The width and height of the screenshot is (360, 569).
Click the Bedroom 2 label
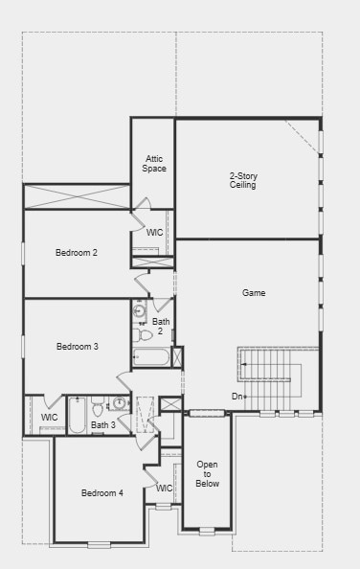[77, 253]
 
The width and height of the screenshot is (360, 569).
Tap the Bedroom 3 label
[77, 346]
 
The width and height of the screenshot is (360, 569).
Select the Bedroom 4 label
[101, 493]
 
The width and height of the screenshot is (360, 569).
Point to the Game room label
[254, 293]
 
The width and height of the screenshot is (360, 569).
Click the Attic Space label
[154, 164]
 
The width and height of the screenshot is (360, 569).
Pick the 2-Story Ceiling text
[243, 180]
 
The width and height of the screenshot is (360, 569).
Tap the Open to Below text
[208, 474]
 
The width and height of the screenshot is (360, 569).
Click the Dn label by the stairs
[236, 396]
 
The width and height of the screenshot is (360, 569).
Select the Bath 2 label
[161, 327]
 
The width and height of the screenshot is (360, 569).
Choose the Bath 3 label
[103, 424]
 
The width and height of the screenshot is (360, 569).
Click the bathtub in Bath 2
[151, 358]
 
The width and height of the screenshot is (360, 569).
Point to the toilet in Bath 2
[144, 334]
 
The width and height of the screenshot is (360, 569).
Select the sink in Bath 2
[140, 311]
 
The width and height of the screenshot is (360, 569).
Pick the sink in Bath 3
[120, 403]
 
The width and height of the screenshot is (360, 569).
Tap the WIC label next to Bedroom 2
[154, 233]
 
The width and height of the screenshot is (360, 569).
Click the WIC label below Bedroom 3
[50, 418]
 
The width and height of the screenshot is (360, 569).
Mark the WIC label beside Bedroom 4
[165, 488]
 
